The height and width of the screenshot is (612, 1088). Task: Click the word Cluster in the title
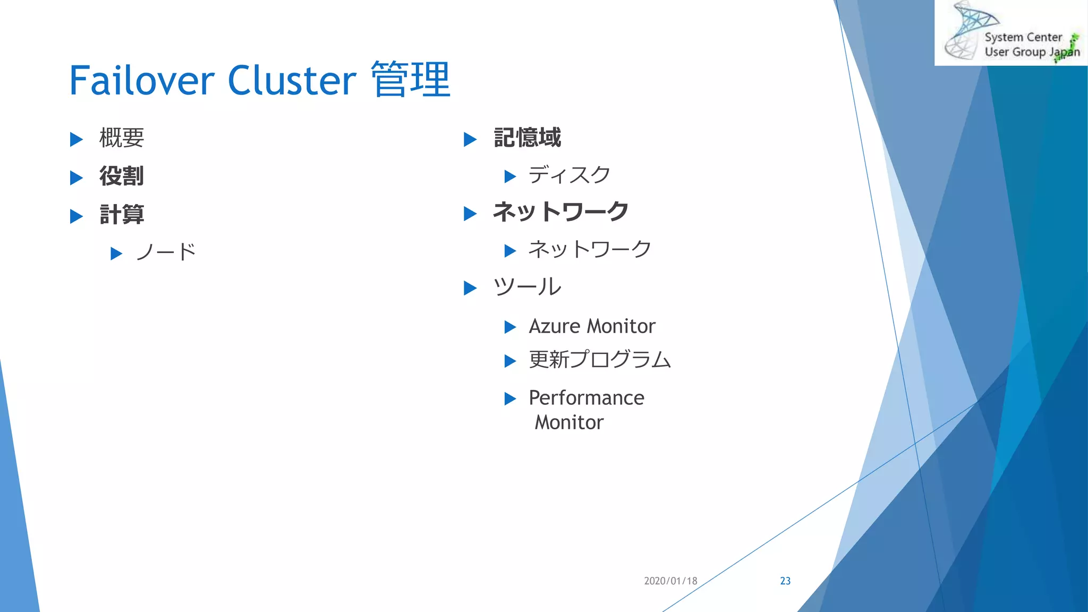click(292, 81)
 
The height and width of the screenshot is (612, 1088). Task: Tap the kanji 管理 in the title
click(411, 80)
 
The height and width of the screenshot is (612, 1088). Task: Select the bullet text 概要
click(122, 138)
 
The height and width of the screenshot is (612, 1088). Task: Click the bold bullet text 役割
click(122, 176)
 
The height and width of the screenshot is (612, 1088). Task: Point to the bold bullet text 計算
click(122, 215)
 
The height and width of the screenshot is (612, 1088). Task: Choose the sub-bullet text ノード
click(166, 252)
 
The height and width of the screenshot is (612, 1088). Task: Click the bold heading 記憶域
click(527, 138)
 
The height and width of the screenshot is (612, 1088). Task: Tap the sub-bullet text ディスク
click(569, 175)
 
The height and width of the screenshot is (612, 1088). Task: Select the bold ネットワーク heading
click(560, 211)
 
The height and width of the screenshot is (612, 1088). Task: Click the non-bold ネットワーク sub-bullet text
click(590, 249)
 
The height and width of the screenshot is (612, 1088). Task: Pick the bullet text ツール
click(527, 287)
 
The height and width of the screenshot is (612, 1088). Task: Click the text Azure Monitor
click(592, 326)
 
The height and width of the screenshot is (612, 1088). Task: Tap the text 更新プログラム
click(600, 360)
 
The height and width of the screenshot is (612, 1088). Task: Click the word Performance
click(586, 398)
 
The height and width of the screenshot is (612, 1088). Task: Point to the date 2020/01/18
click(670, 581)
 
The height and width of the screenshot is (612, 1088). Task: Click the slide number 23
click(785, 581)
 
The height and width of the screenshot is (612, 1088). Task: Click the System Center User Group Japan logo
click(1011, 33)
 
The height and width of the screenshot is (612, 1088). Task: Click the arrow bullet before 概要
click(76, 140)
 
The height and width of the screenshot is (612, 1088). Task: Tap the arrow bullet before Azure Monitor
click(510, 327)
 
